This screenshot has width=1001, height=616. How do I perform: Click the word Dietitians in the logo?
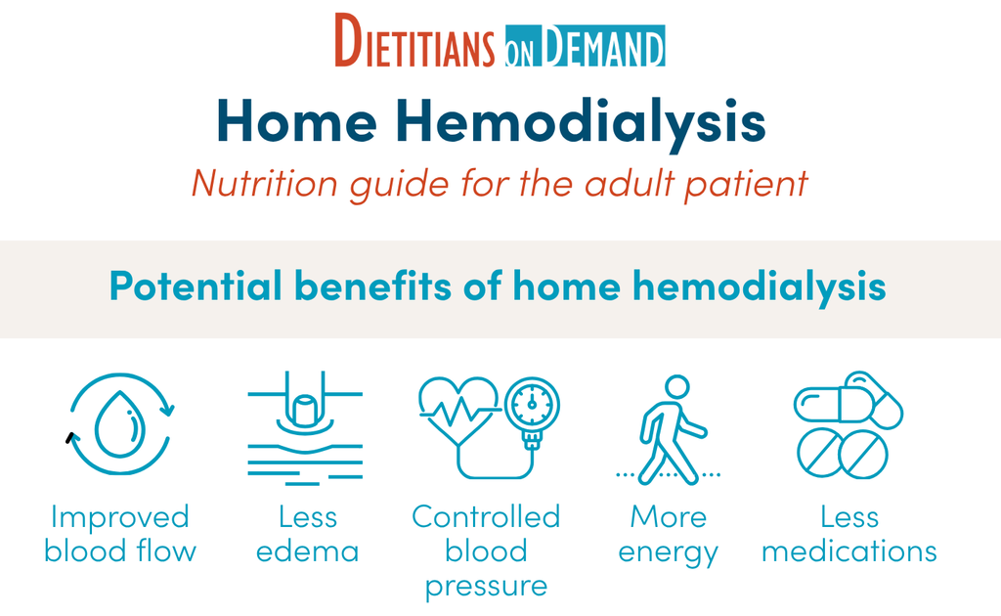[x=414, y=41]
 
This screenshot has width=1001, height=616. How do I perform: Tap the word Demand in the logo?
[x=603, y=46]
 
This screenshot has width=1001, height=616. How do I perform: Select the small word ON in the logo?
[x=519, y=54]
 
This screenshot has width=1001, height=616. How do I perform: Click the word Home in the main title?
[x=297, y=120]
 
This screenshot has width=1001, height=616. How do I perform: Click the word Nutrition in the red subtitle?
[x=265, y=183]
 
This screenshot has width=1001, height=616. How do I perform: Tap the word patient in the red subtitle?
[x=746, y=185]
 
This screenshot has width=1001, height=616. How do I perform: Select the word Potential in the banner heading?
[x=196, y=285]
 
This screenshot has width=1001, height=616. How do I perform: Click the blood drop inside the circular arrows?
[x=119, y=423]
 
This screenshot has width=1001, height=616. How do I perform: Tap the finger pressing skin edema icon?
[x=305, y=427]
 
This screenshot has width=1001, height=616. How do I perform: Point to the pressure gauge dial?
[x=533, y=405]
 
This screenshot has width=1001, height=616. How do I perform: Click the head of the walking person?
[x=677, y=386]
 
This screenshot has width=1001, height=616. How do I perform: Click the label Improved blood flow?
[x=120, y=534]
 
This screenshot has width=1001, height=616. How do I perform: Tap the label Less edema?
[x=308, y=534]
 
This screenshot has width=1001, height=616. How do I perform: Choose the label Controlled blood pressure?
[x=486, y=551]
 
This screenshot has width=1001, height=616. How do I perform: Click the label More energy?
[x=669, y=535]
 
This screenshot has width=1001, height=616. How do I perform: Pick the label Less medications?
[x=849, y=534]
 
